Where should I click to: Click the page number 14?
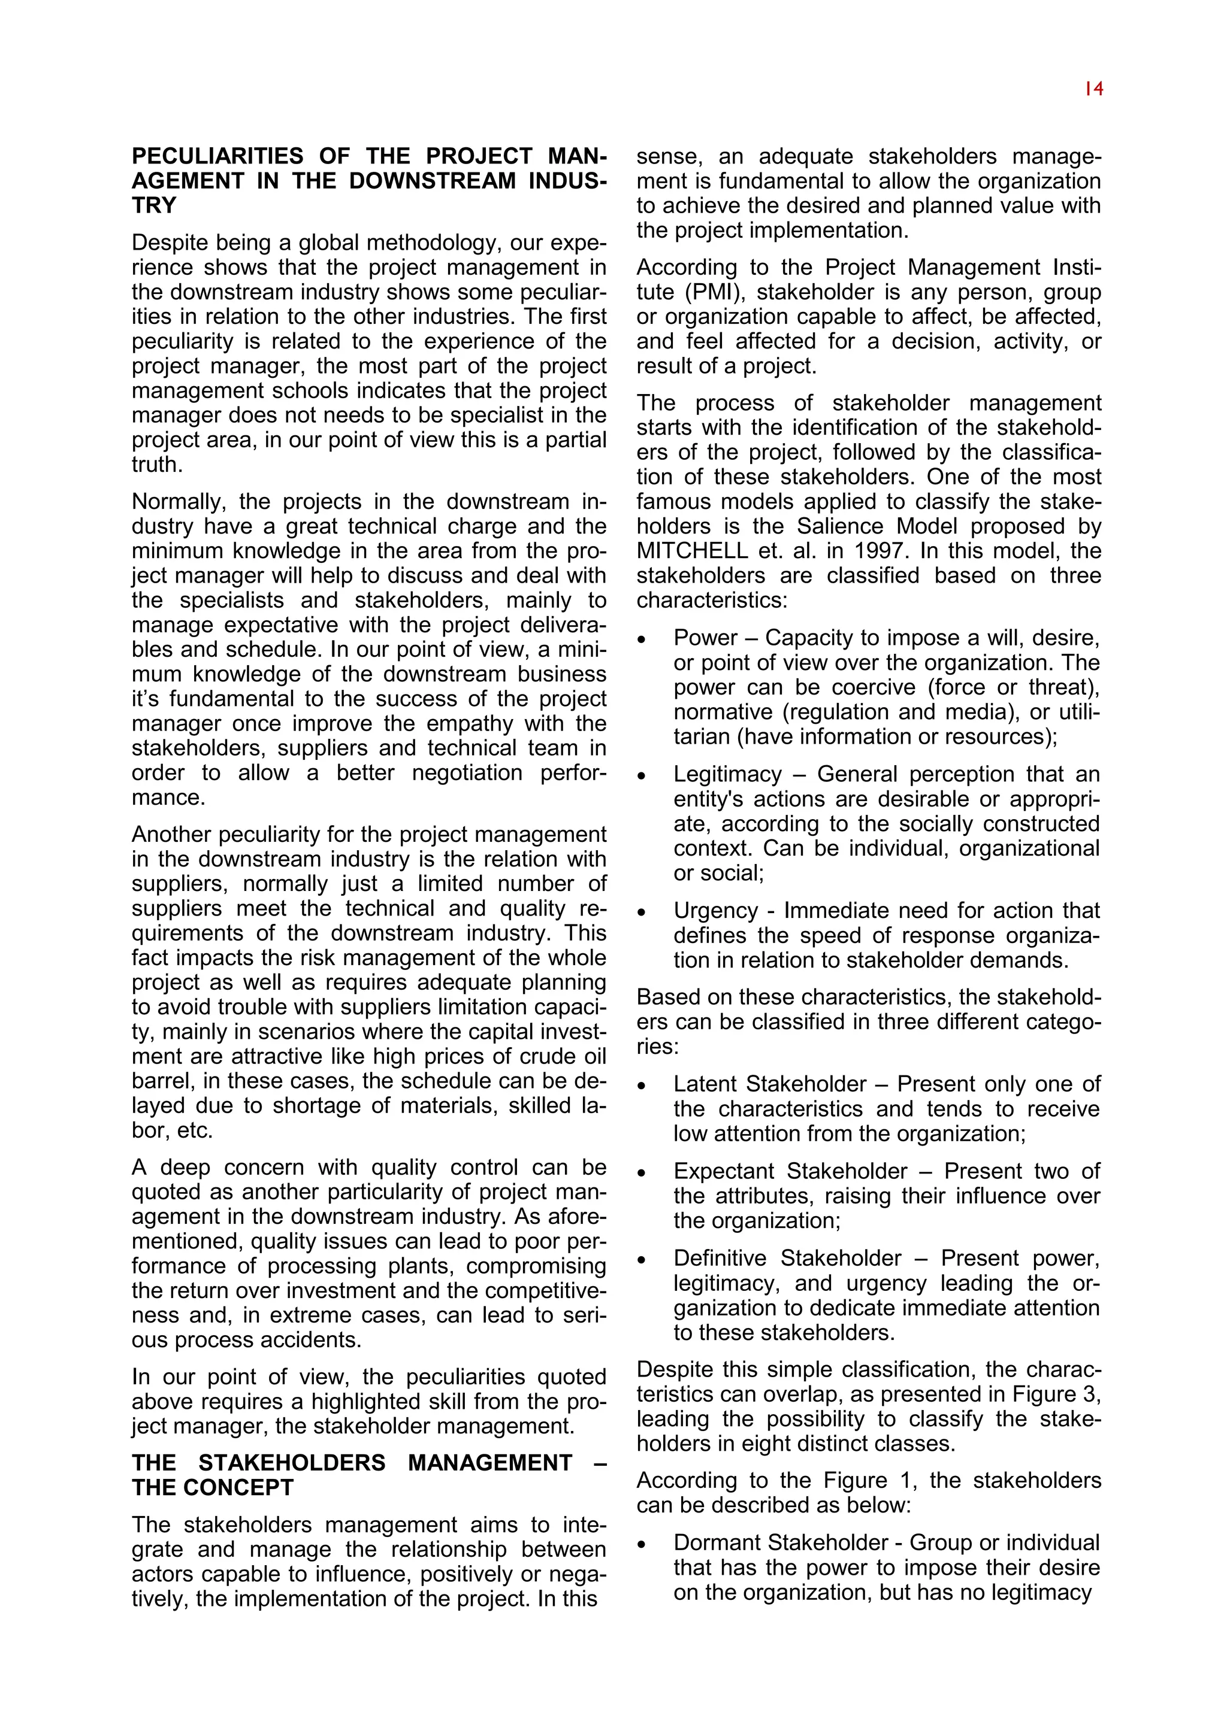[x=1093, y=89]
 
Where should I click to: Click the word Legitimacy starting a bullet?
[x=727, y=774]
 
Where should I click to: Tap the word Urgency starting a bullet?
[x=715, y=911]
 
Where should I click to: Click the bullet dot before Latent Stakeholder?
[x=642, y=1086]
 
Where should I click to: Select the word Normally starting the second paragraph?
[x=177, y=502]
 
